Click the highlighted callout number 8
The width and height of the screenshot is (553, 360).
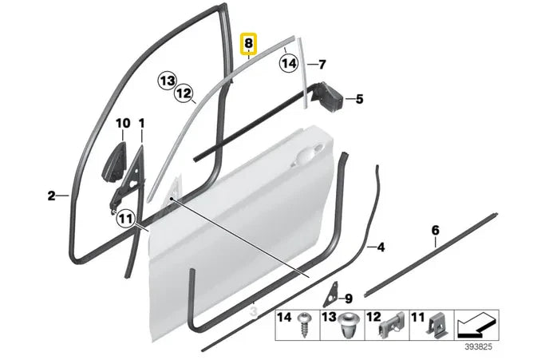click(x=250, y=44)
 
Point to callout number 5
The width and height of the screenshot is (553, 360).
click(x=359, y=100)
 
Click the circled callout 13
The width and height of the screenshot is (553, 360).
click(x=166, y=80)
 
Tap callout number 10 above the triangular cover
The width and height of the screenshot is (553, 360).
click(x=122, y=124)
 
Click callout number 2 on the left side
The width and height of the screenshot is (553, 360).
click(x=51, y=196)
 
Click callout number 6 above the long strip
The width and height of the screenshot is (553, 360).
click(x=435, y=231)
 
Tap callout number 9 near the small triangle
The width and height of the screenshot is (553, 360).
click(x=348, y=299)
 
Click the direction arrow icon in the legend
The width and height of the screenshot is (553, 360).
click(x=477, y=326)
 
